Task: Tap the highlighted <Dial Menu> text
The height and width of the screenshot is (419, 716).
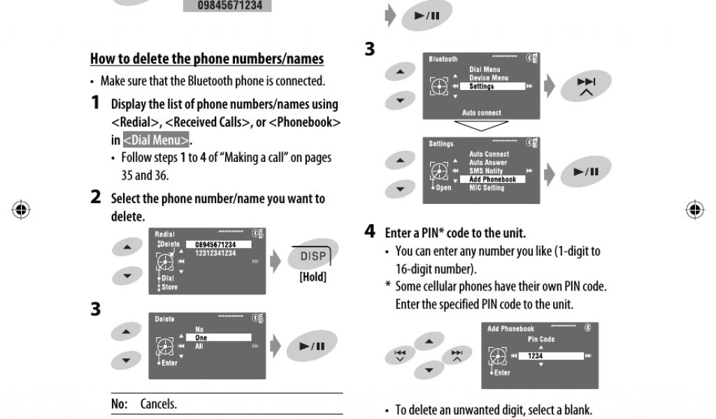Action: (155, 140)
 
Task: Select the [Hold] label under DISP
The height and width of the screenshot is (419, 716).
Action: (313, 277)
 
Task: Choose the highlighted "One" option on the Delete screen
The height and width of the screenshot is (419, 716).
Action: (201, 338)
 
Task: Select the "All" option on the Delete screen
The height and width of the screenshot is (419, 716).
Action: (200, 346)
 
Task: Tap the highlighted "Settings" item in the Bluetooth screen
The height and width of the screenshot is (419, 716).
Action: (482, 87)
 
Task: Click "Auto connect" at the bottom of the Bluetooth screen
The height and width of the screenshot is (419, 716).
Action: (481, 112)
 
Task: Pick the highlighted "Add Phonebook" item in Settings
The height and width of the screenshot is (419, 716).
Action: (492, 179)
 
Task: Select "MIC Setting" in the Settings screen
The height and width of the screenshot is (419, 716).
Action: (487, 188)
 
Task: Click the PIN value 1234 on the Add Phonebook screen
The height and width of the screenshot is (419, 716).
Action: (536, 355)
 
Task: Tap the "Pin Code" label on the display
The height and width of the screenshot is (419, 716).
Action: (540, 339)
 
